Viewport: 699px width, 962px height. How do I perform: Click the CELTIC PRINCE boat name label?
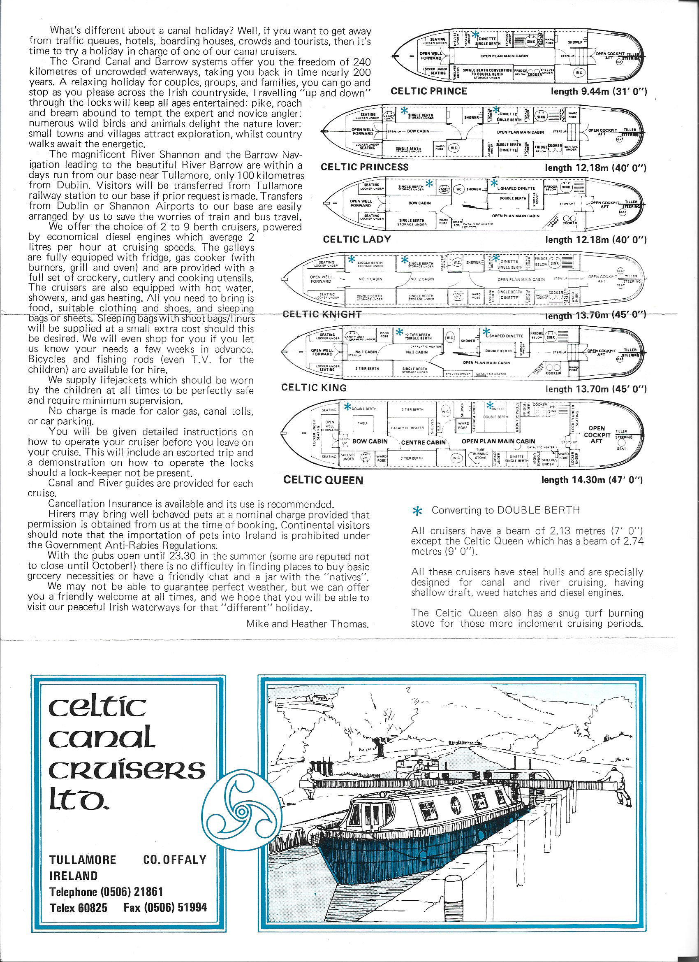pos(428,91)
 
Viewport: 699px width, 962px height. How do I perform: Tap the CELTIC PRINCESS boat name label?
pos(365,167)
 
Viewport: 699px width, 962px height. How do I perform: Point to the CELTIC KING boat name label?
pos(314,387)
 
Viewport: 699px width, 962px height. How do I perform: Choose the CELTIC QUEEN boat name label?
pos(323,480)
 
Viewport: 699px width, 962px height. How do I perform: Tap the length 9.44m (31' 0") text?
pos(599,91)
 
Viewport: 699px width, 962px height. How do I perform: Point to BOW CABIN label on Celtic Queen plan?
pos(370,441)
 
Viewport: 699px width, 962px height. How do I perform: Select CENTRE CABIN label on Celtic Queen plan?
pos(424,442)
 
